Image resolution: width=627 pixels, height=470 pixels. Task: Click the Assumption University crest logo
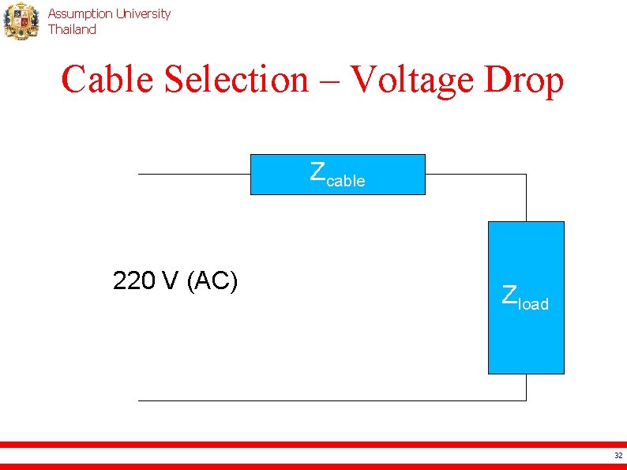pos(21,21)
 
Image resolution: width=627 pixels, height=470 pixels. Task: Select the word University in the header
pos(143,13)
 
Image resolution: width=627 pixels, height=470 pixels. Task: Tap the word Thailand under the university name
pos(72,29)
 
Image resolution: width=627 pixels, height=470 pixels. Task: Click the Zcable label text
pos(337,175)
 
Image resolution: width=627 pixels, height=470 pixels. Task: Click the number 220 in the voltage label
pos(133,280)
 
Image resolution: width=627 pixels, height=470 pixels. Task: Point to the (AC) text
pos(212,280)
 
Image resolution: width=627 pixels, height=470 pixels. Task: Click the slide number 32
pos(618,455)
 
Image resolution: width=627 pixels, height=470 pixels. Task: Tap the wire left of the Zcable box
pos(193,174)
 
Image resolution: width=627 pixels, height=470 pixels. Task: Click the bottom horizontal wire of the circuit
pos(332,400)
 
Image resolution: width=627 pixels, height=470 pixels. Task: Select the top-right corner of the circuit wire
pos(526,174)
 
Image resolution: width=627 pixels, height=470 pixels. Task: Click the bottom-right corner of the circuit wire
pos(526,400)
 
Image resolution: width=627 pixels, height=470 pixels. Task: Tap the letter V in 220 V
pos(170,280)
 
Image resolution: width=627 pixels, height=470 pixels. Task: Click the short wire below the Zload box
pos(526,386)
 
